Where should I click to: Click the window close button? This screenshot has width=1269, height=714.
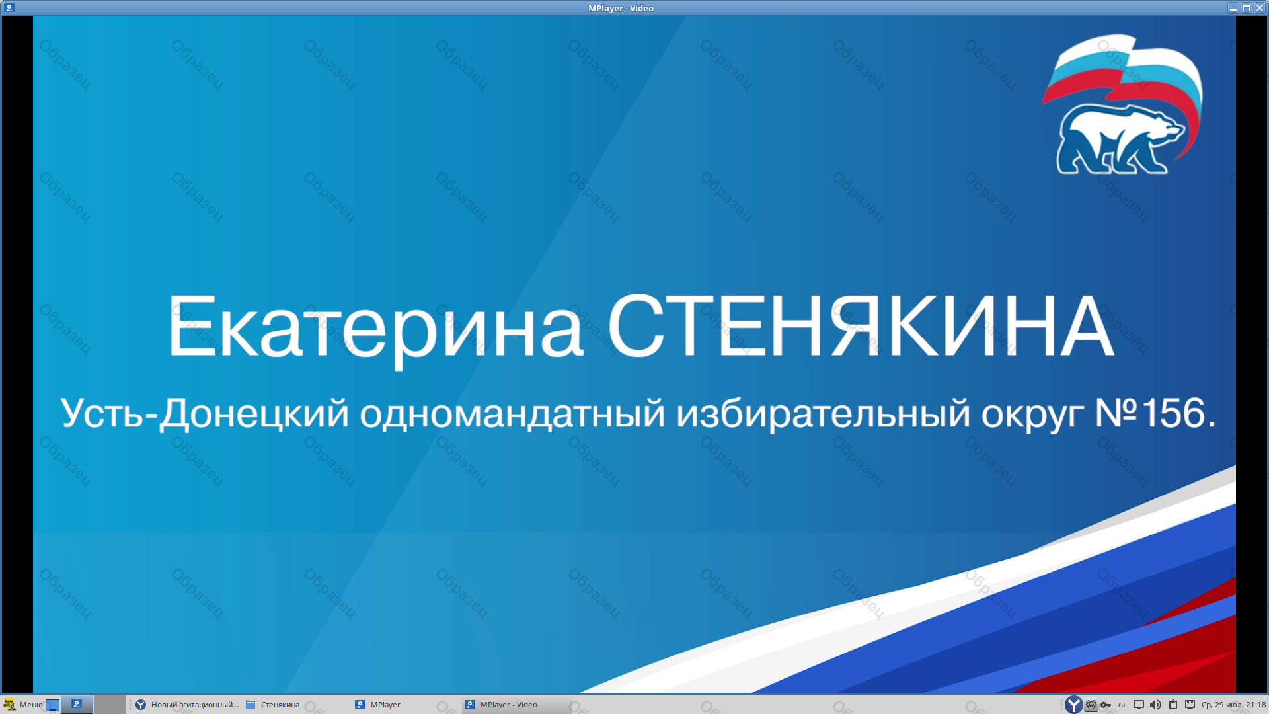pos(1260,8)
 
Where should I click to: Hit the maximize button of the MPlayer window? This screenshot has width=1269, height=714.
pos(1247,8)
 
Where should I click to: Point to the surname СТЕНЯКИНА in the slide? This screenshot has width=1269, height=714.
pos(861,326)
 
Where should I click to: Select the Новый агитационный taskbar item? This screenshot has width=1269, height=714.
pos(187,705)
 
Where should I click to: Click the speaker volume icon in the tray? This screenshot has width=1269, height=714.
pos(1155,705)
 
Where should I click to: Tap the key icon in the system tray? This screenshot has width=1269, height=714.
pos(1106,705)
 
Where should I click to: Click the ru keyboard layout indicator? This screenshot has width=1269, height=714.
pos(1122,705)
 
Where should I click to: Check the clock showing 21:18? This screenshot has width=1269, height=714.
pos(1233,705)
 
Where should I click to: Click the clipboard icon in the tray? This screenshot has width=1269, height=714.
pos(1173,705)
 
